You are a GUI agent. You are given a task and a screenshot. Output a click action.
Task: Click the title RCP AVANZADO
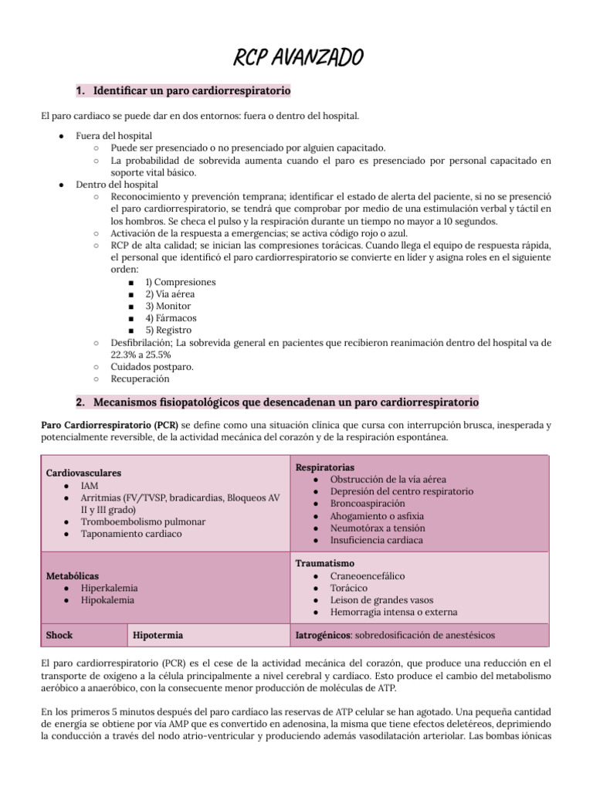(297, 57)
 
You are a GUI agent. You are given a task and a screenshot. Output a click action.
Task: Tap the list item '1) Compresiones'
(181, 282)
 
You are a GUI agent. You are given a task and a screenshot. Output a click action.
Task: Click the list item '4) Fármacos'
(175, 317)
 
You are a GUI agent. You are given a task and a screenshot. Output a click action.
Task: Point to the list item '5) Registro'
(175, 330)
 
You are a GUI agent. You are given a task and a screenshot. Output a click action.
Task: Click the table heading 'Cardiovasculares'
(83, 473)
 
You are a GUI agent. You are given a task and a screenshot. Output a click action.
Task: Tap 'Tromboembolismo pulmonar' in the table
(143, 521)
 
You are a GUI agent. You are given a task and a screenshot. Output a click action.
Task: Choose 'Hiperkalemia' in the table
(108, 588)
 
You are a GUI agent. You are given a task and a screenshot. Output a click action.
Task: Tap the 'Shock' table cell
(59, 635)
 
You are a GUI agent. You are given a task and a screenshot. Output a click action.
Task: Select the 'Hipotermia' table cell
(158, 635)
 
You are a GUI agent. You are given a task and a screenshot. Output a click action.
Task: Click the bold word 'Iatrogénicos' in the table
(324, 635)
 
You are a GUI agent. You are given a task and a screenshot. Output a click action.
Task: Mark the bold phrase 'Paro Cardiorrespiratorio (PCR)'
(108, 426)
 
